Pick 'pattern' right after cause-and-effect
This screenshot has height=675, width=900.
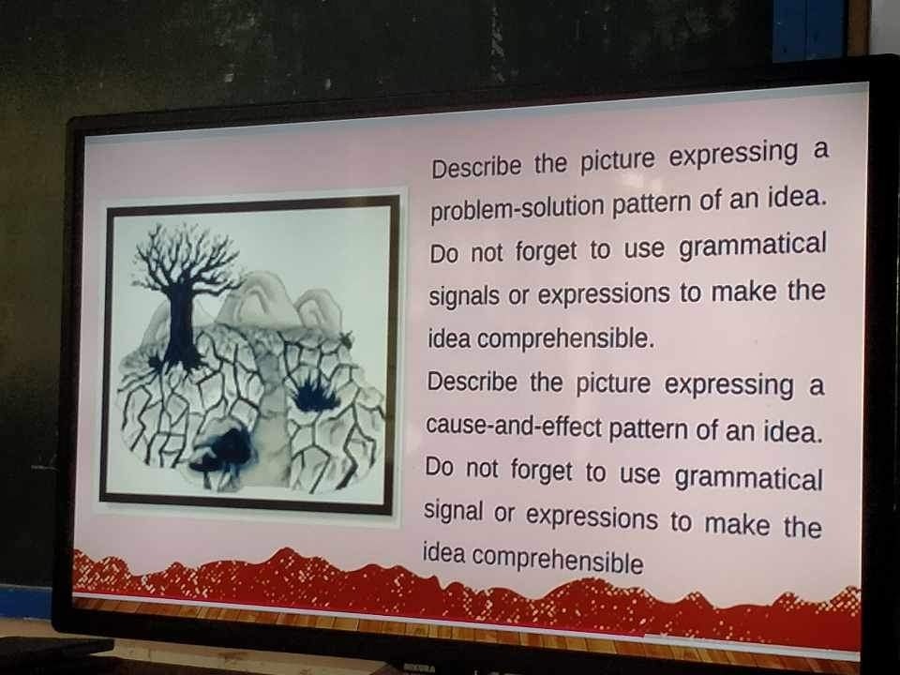coord(647,429)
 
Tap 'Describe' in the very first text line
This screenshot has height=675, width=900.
coord(476,167)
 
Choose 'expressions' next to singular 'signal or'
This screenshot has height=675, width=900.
coord(592,517)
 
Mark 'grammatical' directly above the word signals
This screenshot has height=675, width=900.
coord(752,245)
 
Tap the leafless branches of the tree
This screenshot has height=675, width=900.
coord(185,255)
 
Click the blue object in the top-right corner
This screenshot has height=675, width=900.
coord(809,29)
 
